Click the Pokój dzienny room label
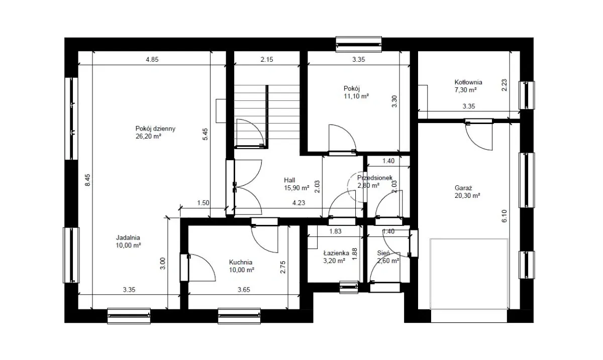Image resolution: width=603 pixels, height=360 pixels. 155,129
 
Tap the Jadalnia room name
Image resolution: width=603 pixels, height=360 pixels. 128,237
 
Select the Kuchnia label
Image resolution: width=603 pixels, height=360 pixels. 241,262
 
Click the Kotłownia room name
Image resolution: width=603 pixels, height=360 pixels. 468,82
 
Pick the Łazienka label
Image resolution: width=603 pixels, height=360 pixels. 336,253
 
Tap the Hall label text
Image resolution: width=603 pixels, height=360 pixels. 289,180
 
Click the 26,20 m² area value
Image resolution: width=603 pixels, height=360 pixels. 148,137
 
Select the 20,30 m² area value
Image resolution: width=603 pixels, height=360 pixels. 467,196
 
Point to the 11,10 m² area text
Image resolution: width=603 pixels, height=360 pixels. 356,96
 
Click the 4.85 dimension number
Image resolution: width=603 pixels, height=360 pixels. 152,59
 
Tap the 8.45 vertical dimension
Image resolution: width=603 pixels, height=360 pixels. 87,180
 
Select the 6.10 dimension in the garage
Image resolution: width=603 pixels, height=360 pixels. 504,216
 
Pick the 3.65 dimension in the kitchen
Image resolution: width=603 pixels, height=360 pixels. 244,290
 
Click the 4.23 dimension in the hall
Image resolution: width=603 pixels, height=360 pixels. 299,203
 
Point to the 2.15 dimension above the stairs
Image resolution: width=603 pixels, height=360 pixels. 267,59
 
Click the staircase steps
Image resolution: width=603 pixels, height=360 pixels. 267,116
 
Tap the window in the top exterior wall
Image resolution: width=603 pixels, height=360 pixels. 359,44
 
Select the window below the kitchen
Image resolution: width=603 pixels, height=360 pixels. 239,316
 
